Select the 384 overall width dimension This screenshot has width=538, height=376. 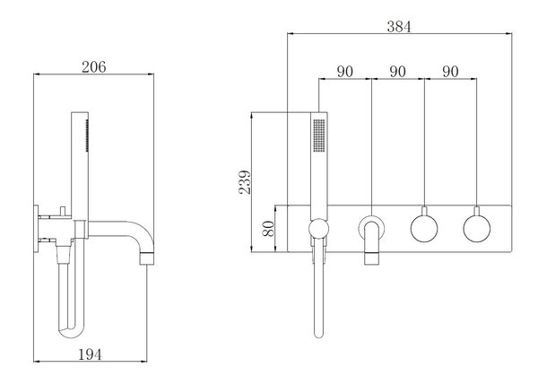[398, 27]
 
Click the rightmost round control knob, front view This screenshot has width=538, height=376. [476, 227]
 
